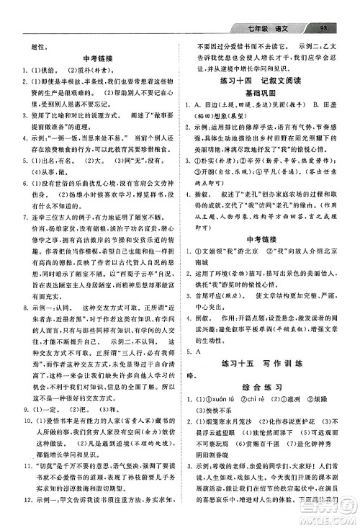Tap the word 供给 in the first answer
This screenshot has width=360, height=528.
47,76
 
